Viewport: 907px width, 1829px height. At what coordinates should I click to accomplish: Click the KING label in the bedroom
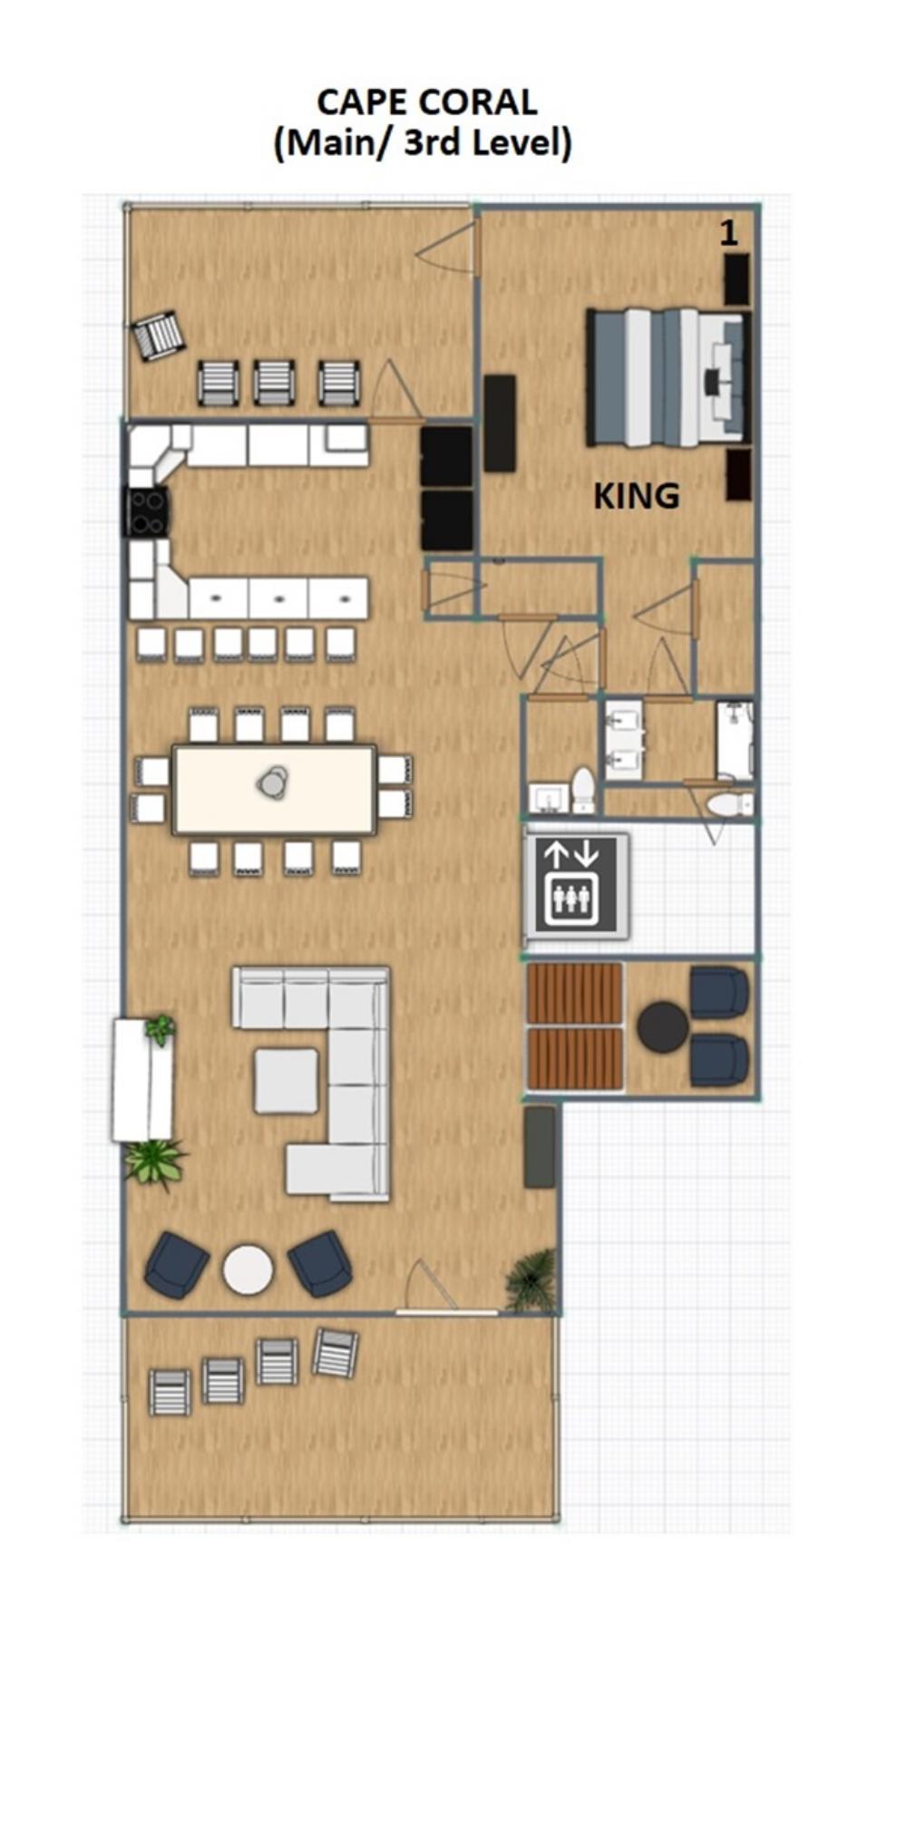[x=636, y=495]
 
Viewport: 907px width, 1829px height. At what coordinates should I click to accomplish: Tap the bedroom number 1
[x=727, y=233]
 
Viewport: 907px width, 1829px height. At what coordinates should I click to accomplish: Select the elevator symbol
[x=576, y=885]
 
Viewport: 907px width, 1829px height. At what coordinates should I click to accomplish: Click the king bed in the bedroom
[x=669, y=377]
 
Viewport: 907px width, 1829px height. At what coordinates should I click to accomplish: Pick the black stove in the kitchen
[x=146, y=511]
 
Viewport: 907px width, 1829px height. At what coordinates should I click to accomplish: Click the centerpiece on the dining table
[x=273, y=782]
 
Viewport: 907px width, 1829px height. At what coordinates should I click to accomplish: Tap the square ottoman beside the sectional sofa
[x=286, y=1079]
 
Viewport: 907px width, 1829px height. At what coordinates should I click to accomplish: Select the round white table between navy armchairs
[x=248, y=1269]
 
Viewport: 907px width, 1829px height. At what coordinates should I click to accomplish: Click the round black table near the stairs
[x=662, y=1026]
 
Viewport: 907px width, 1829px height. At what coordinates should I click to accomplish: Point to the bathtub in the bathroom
[x=735, y=738]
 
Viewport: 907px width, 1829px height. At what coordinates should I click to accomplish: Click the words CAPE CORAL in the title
[x=426, y=102]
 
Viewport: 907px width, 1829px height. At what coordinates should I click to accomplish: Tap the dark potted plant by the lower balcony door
[x=530, y=1279]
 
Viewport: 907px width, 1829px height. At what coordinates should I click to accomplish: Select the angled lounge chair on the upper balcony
[x=159, y=336]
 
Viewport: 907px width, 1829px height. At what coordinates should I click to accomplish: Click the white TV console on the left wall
[x=142, y=1079]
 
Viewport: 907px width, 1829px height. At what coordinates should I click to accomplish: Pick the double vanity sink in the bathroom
[x=624, y=739]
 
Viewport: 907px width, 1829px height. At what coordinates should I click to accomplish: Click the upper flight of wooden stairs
[x=575, y=992]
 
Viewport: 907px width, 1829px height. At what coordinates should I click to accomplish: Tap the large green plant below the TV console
[x=155, y=1163]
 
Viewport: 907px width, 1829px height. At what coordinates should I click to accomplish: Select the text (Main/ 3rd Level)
[x=423, y=142]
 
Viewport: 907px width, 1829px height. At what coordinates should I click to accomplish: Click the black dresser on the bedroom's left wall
[x=499, y=423]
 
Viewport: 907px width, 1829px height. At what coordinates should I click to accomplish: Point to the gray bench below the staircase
[x=540, y=1146]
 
